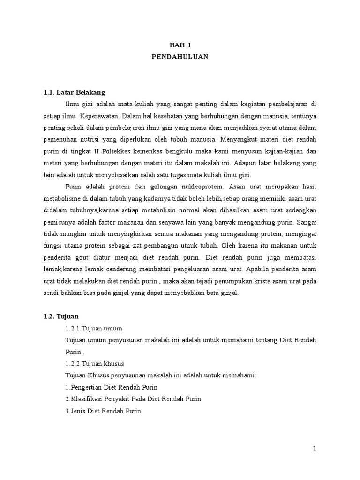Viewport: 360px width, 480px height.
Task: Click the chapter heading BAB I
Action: [x=180, y=45]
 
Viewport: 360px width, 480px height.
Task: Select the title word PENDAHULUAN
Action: [x=180, y=57]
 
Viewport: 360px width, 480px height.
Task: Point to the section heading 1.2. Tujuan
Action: [x=58, y=316]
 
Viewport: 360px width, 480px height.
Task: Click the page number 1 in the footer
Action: [x=315, y=449]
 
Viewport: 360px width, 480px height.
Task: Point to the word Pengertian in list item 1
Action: [x=87, y=388]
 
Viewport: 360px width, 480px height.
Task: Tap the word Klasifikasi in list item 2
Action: [x=88, y=399]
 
